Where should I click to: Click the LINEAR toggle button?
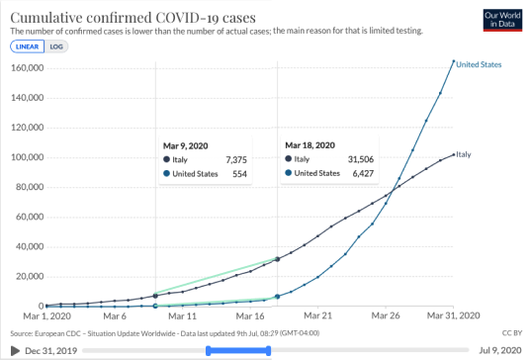[27, 46]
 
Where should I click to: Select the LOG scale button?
[56, 46]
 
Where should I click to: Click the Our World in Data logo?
[502, 21]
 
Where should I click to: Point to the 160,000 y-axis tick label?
[28, 68]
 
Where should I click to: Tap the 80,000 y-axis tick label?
[30, 187]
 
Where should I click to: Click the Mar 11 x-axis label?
[182, 316]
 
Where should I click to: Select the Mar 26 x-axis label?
[386, 315]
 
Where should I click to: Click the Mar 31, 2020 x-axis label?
[453, 315]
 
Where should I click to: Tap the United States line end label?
[479, 64]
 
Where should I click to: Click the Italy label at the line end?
[464, 154]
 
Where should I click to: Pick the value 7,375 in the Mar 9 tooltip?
[236, 160]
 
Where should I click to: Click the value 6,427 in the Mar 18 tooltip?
[363, 174]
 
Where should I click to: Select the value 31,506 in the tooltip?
[361, 159]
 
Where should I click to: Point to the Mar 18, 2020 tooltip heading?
[309, 145]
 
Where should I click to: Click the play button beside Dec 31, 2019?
[15, 351]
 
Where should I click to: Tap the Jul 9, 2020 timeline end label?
[500, 350]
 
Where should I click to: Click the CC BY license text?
[512, 333]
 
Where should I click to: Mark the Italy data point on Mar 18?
[278, 259]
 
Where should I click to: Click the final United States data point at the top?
[454, 61]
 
